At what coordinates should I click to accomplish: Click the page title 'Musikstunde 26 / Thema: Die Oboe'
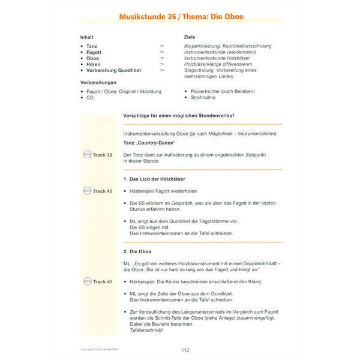point(180,19)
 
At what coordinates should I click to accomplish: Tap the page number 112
point(185,350)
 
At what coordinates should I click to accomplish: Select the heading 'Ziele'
point(190,37)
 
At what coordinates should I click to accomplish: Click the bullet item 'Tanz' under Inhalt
point(92,46)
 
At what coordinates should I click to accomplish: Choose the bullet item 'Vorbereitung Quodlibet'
point(115,70)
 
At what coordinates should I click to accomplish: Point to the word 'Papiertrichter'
point(207,91)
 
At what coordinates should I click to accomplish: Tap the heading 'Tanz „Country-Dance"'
point(148,144)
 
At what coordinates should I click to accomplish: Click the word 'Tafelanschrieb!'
point(146,330)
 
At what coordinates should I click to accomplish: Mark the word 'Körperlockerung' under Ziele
point(203,46)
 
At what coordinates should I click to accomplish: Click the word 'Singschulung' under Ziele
point(199,70)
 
